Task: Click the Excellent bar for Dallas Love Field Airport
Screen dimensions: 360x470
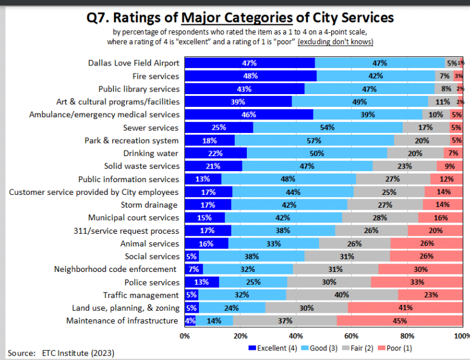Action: tap(250, 63)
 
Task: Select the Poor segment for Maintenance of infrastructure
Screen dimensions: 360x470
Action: tap(400, 321)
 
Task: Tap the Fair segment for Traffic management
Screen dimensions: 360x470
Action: tap(341, 295)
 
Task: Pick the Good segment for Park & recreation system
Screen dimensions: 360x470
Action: tap(314, 140)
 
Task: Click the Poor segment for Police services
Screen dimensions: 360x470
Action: tap(417, 282)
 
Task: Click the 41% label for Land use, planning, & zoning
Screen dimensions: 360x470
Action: tap(406, 308)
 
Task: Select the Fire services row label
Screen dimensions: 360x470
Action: tap(156, 76)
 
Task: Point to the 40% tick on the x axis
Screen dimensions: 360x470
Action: tap(296, 335)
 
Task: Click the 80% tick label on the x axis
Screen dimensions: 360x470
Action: tap(408, 335)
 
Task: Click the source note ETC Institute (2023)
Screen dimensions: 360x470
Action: tap(78, 353)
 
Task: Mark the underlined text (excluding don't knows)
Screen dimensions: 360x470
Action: tap(335, 41)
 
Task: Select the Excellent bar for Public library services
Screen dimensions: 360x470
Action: tap(244, 89)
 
